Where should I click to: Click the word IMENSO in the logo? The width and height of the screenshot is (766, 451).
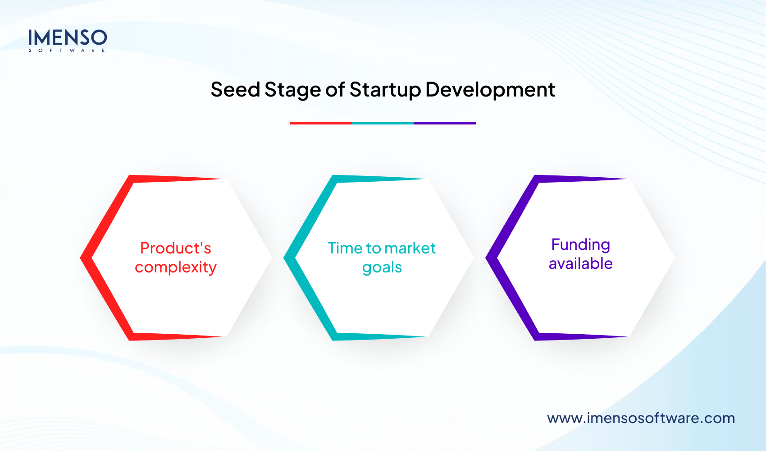tap(68, 37)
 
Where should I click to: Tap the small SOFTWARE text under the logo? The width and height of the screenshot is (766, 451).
tap(67, 51)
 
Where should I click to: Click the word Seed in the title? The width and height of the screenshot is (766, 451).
tap(235, 89)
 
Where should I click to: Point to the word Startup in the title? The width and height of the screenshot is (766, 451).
tap(385, 90)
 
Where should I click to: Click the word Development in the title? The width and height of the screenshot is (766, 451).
tap(490, 90)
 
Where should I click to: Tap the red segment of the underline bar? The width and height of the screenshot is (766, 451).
tap(321, 123)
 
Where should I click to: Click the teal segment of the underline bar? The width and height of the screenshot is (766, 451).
tap(383, 123)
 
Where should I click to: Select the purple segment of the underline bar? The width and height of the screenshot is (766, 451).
tap(445, 123)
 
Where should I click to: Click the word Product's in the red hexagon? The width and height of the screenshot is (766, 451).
tap(176, 248)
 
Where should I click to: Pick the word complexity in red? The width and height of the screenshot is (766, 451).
tap(176, 267)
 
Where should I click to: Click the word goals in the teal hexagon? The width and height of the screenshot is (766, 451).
tap(382, 267)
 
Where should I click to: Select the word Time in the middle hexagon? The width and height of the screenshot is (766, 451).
tap(345, 248)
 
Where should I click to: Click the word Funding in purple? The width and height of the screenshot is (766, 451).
tap(580, 244)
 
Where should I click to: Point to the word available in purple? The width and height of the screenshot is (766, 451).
tap(580, 263)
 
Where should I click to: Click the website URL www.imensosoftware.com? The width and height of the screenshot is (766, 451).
tap(641, 418)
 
